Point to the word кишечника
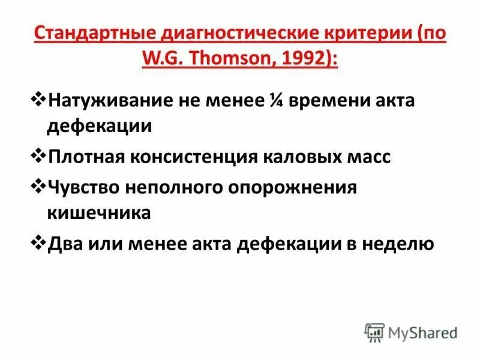(x=98, y=214)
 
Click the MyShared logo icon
(x=374, y=332)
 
